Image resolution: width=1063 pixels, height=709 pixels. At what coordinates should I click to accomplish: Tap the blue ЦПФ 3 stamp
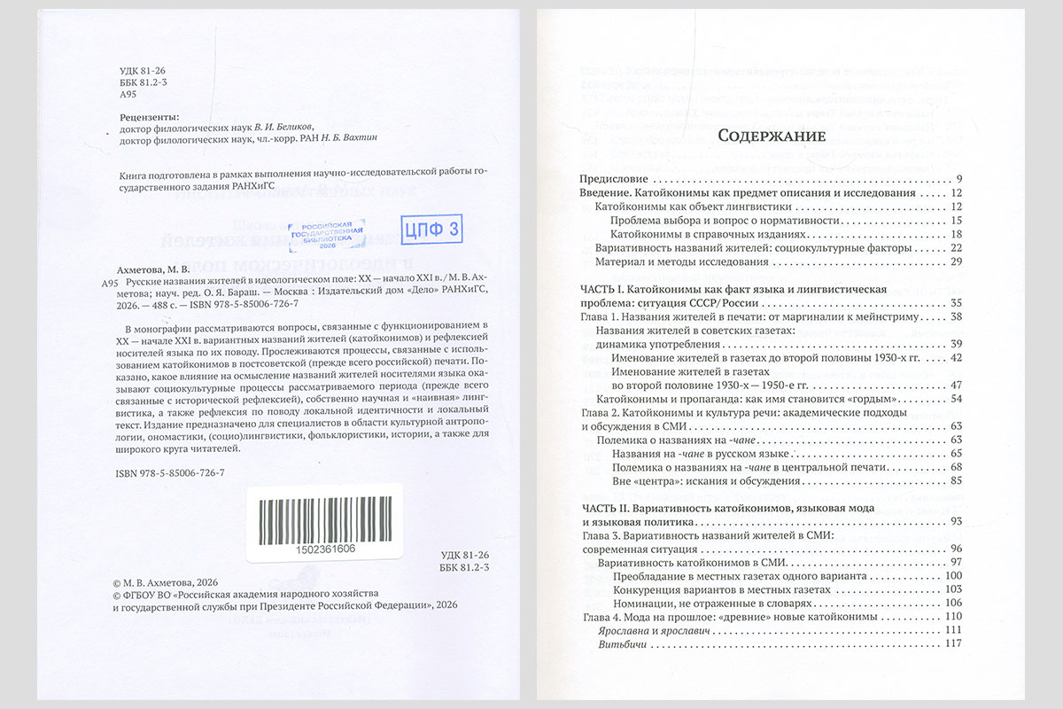(x=431, y=230)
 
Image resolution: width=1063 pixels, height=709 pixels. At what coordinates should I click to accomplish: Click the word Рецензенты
(x=148, y=116)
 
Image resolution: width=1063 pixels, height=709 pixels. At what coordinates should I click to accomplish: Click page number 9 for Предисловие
(x=959, y=178)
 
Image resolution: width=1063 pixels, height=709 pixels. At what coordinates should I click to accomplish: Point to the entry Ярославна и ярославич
(x=656, y=630)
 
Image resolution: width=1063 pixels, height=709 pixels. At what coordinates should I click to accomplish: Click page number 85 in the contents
(x=956, y=481)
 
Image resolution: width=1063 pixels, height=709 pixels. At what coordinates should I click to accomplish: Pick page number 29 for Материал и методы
(x=956, y=262)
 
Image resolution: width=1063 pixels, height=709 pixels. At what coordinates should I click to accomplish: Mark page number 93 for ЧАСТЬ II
(x=956, y=521)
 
